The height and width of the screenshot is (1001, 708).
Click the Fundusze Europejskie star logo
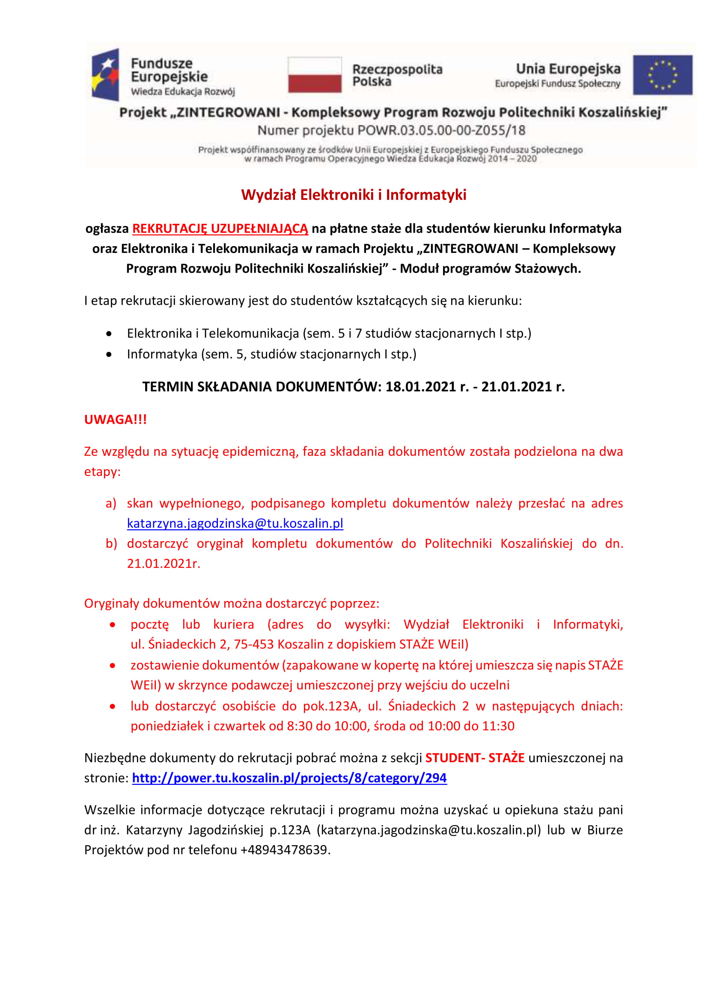point(105,75)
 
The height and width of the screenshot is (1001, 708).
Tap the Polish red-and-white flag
point(314,74)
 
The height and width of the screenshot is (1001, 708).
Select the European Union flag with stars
point(662,75)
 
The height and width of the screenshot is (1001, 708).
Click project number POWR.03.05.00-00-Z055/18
point(441,131)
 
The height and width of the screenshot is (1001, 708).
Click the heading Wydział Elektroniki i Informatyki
point(354,194)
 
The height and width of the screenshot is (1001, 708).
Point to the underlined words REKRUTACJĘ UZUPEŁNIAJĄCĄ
point(220,229)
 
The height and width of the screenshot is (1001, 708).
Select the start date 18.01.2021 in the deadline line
point(420,387)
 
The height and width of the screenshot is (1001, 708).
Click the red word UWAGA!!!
point(116,419)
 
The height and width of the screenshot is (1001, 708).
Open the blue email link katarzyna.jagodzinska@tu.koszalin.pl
point(235,523)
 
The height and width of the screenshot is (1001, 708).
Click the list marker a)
point(111,504)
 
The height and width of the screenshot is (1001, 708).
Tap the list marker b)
point(111,544)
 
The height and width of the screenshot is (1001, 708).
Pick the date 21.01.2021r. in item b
point(164,564)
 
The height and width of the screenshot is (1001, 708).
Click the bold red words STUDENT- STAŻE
point(475,758)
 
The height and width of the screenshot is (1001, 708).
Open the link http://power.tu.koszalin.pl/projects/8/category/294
point(289,778)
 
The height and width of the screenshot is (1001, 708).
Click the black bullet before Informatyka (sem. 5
point(109,354)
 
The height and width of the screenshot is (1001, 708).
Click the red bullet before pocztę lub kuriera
point(113,625)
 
